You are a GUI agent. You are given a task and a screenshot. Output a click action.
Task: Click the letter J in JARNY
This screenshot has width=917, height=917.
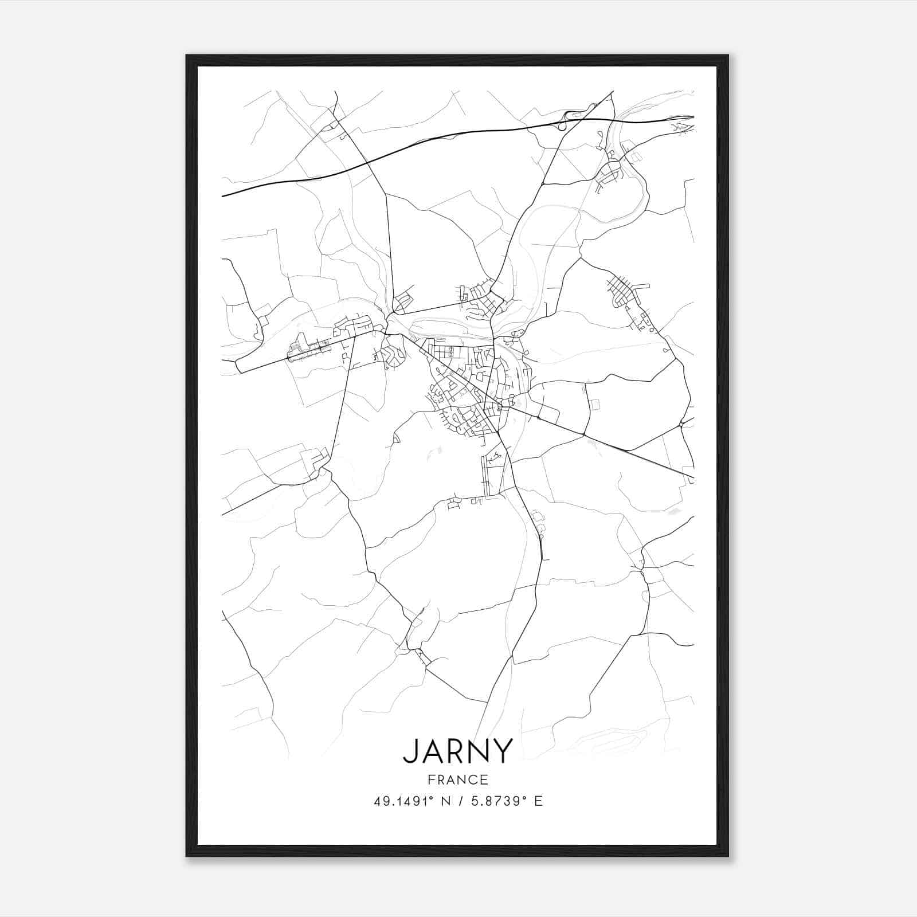pyautogui.click(x=411, y=751)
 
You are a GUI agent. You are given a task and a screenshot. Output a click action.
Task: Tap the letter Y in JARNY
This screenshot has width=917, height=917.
pyautogui.click(x=501, y=751)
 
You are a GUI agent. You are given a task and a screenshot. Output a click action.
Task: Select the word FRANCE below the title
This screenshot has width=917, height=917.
pyautogui.click(x=458, y=779)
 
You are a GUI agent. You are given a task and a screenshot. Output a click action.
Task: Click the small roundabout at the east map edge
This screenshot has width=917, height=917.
pyautogui.click(x=681, y=425)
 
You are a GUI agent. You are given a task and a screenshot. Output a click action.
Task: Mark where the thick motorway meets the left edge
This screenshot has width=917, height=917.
pyautogui.click(x=223, y=196)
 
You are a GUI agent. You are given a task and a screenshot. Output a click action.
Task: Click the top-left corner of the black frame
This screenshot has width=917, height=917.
pyautogui.click(x=187, y=56)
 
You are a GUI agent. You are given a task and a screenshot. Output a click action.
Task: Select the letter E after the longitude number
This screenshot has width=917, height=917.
pyautogui.click(x=538, y=801)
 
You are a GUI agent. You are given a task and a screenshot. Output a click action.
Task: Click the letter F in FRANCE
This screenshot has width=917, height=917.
pyautogui.click(x=430, y=779)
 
